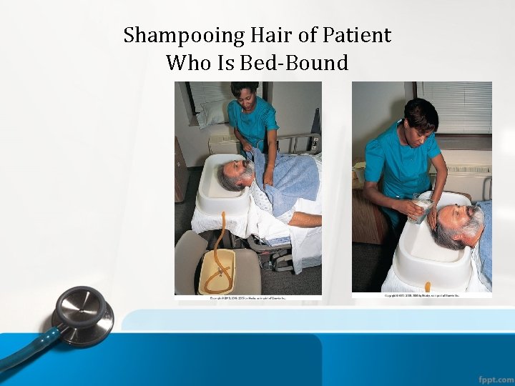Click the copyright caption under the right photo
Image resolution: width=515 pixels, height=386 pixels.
(x=421, y=295)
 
